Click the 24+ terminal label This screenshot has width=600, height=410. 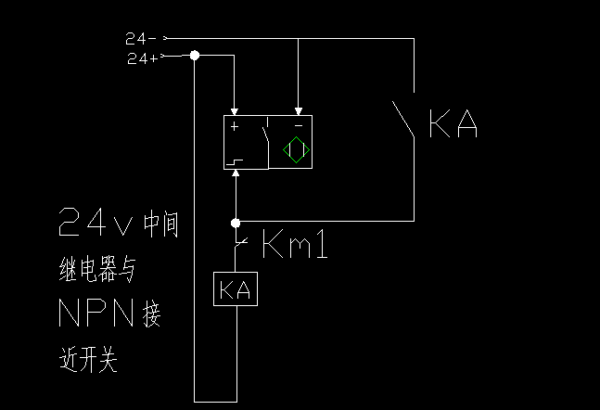click(142, 58)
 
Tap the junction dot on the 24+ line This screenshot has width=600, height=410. click(195, 57)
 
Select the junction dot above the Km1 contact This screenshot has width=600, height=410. click(236, 223)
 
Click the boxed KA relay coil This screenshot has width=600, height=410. click(236, 290)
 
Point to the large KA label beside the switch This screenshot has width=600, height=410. click(453, 125)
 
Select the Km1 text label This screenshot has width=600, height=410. click(295, 246)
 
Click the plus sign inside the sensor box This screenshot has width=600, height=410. click(236, 125)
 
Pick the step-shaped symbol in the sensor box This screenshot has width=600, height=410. click(236, 163)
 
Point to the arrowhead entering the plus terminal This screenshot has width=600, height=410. click(236, 110)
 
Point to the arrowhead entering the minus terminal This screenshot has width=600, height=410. click(297, 110)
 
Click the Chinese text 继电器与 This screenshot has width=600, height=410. click(96, 271)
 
